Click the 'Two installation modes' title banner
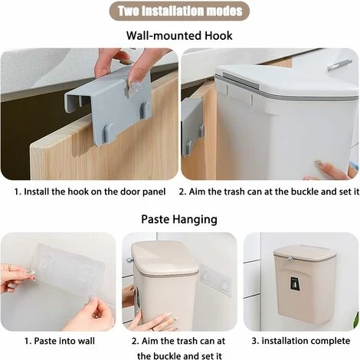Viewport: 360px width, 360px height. click(x=179, y=11)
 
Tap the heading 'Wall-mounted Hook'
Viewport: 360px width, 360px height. click(x=179, y=35)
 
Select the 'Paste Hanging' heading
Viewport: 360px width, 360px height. click(x=179, y=219)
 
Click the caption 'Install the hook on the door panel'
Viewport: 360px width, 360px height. click(x=95, y=191)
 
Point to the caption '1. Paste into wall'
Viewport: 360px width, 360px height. click(x=60, y=341)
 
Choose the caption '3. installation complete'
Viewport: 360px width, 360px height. click(x=301, y=341)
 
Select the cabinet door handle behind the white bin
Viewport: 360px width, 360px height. click(x=339, y=64)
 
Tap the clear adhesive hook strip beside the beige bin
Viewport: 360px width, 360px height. click(x=216, y=279)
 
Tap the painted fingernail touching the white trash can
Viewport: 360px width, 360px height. click(x=319, y=162)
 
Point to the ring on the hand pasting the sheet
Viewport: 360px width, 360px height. click(x=9, y=267)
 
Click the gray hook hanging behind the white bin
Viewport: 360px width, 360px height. click(x=192, y=128)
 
